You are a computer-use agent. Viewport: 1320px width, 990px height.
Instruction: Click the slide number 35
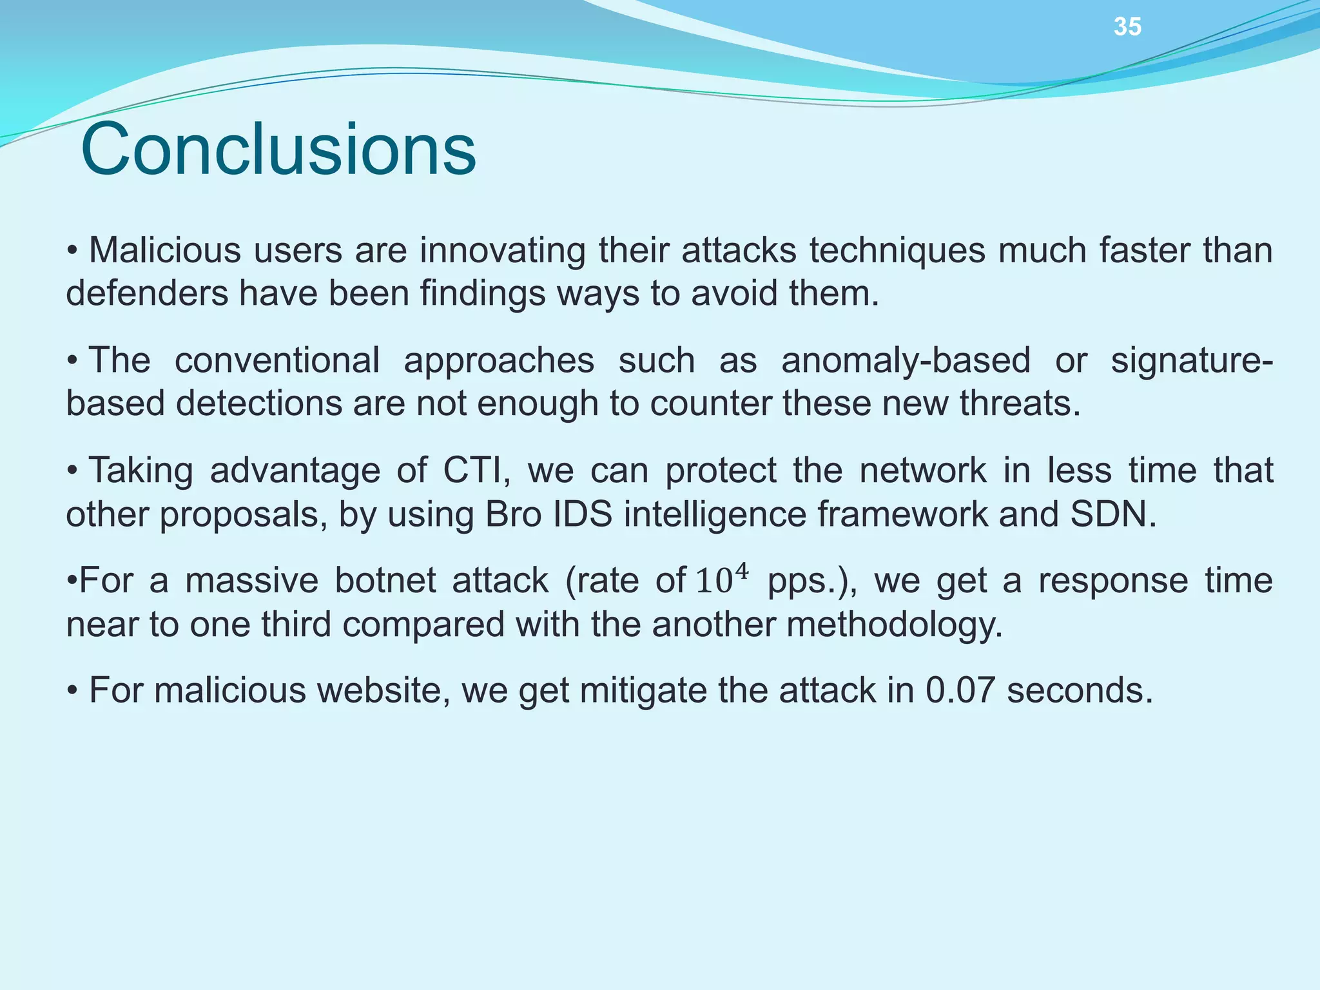pos(1127,27)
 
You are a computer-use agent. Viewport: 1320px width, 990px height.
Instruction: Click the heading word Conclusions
pos(278,150)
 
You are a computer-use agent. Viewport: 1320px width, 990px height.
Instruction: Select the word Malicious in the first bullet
pos(164,250)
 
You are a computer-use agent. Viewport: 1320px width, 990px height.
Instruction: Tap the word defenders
pos(147,293)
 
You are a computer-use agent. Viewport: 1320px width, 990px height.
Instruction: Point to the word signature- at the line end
pos(1192,360)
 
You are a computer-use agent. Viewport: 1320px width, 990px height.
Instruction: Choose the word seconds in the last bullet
pos(1080,690)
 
